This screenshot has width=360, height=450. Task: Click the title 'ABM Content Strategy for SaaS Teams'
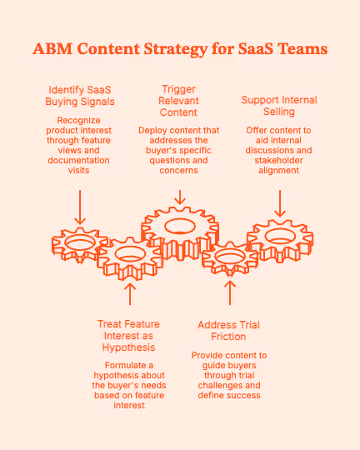[180, 49]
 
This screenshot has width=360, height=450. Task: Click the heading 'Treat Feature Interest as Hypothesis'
[129, 334]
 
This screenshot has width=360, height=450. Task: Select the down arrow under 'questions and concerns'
[180, 197]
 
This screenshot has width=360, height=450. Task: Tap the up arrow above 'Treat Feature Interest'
[129, 294]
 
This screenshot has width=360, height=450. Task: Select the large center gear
[180, 228]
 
